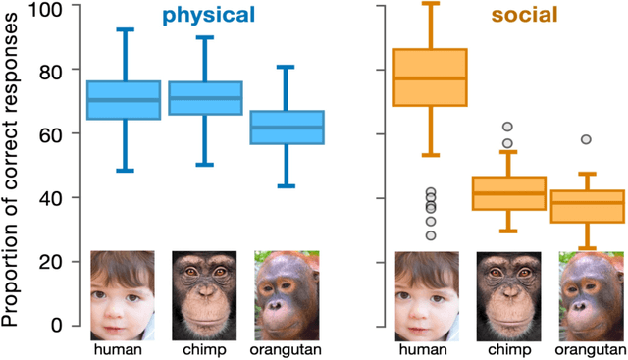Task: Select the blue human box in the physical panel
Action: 124,100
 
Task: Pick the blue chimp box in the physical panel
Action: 206,98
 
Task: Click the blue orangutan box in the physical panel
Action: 287,128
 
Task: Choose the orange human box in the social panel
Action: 430,77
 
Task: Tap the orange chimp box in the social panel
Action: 508,193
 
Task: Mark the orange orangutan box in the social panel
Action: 587,206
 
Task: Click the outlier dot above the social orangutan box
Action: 587,140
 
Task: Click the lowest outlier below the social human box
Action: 430,235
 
